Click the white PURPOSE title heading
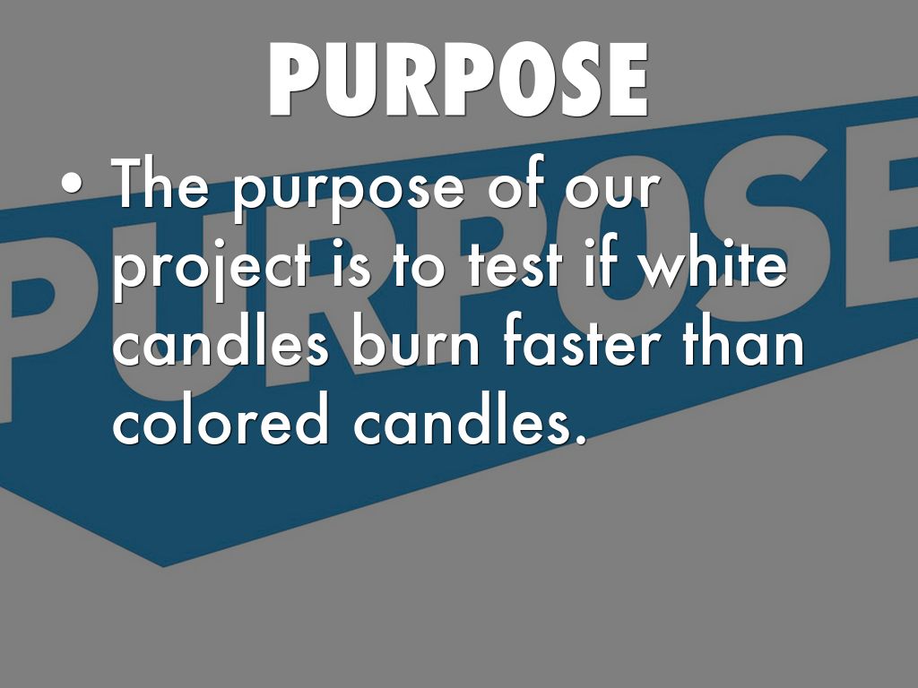coord(458,80)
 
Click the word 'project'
coord(212,265)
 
